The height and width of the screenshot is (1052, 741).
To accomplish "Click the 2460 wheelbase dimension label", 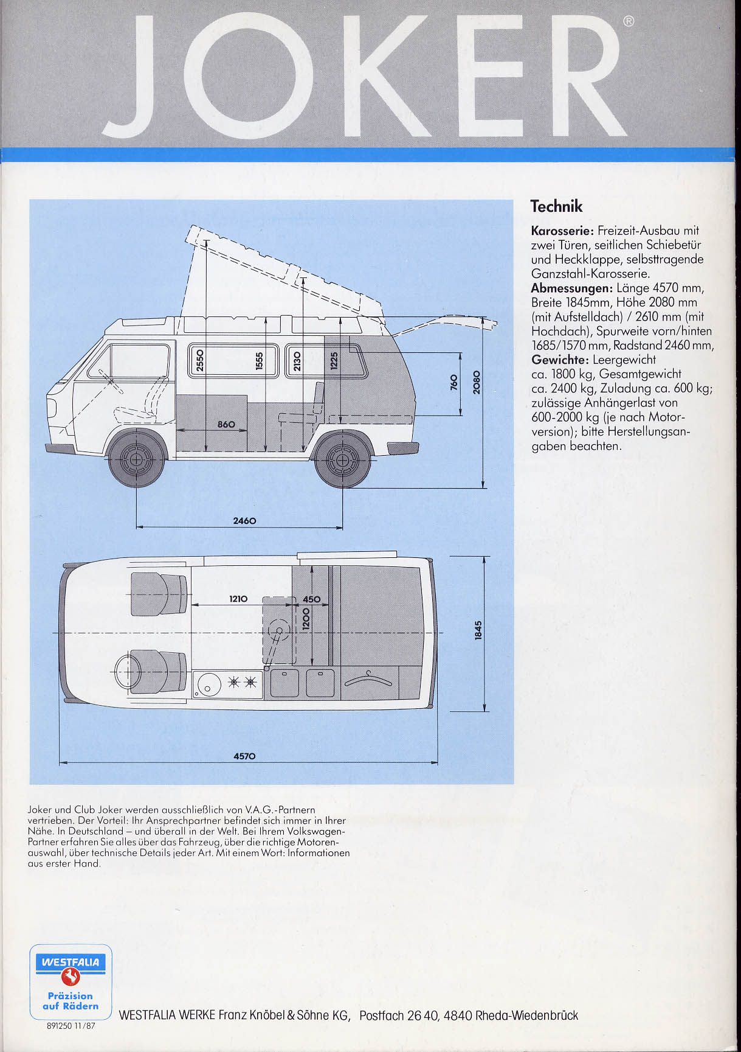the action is point(244,521).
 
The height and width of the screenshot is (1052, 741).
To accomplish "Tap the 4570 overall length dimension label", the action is point(244,756).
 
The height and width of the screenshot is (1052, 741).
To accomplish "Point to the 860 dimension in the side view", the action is point(226,423).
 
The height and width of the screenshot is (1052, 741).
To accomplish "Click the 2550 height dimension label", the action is point(199,361).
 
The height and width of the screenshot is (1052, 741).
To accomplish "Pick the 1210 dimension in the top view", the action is point(238,599).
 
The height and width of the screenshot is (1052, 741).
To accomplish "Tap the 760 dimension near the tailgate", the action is point(453,382).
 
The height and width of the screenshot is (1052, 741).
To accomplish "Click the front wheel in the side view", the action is point(136,459).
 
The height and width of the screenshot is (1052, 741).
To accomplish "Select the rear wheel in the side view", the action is point(343,459).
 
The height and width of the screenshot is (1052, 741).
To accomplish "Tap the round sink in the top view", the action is point(207,685).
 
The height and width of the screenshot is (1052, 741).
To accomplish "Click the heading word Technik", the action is point(556,206).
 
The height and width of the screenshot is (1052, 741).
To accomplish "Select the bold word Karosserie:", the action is point(562,231).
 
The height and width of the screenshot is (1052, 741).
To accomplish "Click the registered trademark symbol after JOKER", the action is point(629,21).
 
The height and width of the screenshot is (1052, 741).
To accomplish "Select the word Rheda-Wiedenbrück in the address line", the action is point(526,1015).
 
